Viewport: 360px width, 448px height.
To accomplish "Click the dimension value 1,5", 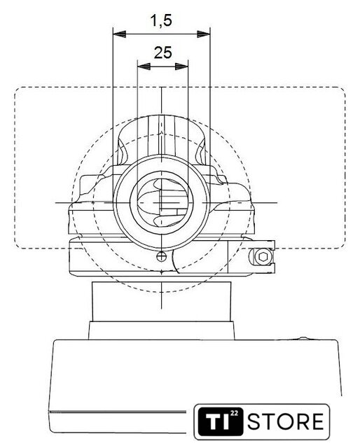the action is [x=161, y=21].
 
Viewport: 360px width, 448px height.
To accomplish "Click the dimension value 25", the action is [x=163, y=52].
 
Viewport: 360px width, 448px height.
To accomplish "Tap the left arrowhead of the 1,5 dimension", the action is [x=120, y=34].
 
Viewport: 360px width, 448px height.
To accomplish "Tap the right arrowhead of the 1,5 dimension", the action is [x=204, y=34].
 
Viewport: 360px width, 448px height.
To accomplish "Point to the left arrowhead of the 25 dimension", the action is [x=144, y=66].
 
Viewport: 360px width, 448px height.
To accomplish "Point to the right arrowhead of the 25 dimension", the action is [x=181, y=66].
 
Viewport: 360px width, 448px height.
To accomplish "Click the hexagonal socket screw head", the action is [x=263, y=257].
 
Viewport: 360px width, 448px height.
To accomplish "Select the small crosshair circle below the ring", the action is [x=162, y=256].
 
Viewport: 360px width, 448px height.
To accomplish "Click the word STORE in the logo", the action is [x=285, y=421].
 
